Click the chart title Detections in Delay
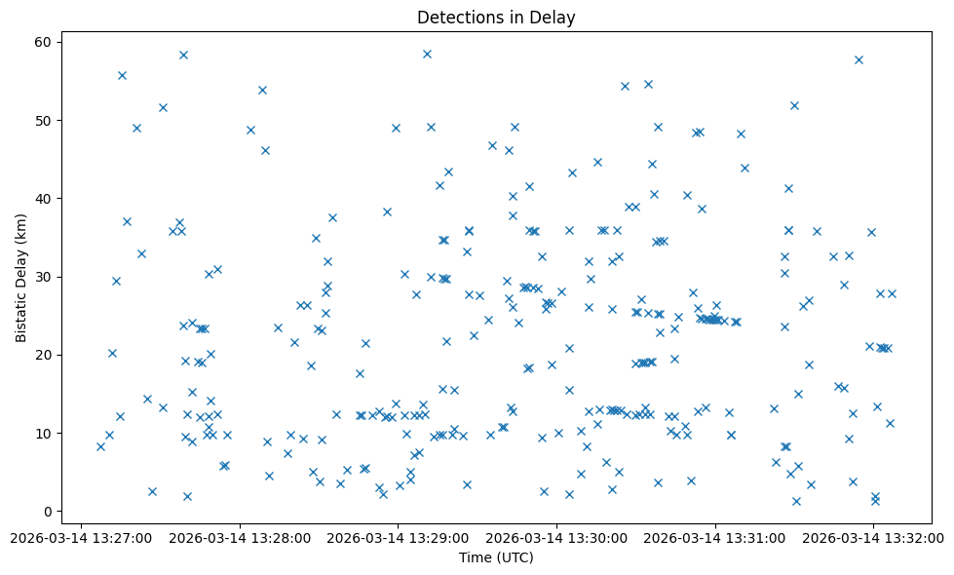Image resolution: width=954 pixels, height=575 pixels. tap(496, 18)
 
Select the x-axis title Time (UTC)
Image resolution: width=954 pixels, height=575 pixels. tap(496, 557)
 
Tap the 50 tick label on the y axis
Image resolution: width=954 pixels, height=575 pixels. tap(44, 121)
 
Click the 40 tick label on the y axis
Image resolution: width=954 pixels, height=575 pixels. tap(44, 199)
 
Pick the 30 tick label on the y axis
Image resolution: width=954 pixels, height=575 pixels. tap(44, 277)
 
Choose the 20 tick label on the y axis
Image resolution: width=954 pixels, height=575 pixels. tap(44, 355)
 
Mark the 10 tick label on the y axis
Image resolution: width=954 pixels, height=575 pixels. tap(44, 433)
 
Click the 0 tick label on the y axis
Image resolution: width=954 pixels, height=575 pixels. tap(48, 511)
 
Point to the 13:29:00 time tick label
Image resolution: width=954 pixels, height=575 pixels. tap(398, 537)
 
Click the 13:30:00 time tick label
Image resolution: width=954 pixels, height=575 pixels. tap(556, 537)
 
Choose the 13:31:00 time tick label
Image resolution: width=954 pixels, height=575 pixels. tap(715, 537)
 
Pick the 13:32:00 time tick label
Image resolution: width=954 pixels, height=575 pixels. tap(874, 537)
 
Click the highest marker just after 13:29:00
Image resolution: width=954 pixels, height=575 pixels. tap(427, 54)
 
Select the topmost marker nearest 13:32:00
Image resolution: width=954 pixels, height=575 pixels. tap(859, 59)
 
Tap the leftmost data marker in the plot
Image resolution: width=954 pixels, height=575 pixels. tap(100, 446)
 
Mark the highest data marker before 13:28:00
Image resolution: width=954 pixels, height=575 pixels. tap(183, 55)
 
